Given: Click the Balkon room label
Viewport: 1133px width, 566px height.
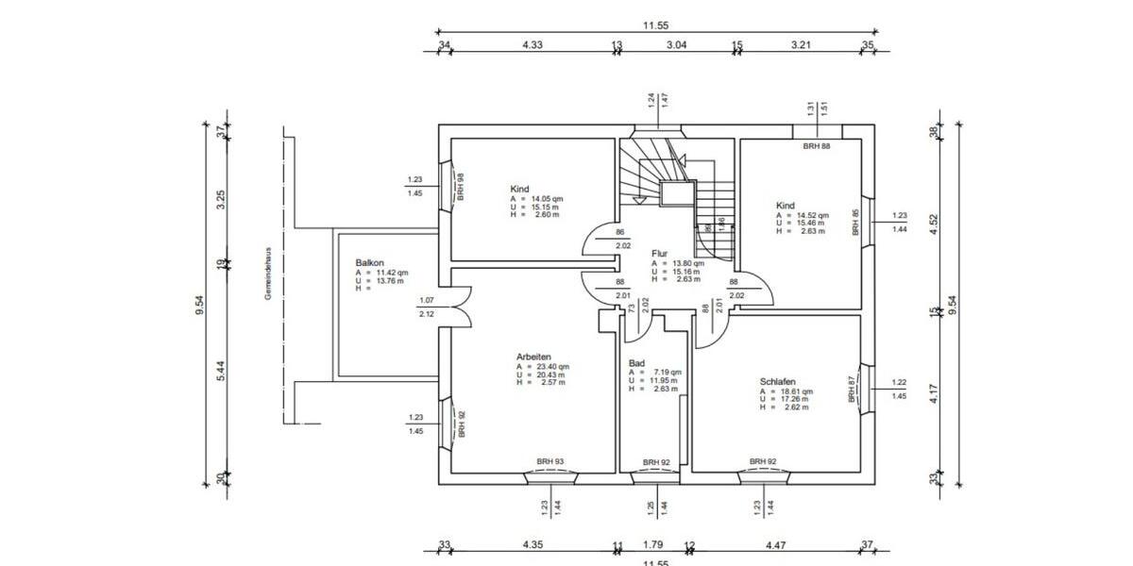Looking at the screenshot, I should point(369,262).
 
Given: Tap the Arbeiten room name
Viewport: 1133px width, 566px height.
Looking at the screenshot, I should point(533,357).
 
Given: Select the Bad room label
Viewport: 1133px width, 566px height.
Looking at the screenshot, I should point(636,362).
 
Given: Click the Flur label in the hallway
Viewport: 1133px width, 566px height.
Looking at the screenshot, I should point(659,254).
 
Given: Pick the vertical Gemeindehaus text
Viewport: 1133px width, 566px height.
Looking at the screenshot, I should point(268,274).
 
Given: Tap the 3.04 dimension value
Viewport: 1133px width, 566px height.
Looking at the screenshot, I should point(677,44).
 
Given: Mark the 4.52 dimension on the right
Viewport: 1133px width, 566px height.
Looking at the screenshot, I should point(934,225).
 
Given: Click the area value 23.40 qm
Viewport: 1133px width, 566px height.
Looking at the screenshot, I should point(552,366).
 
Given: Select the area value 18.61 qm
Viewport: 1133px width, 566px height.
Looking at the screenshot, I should point(798,391).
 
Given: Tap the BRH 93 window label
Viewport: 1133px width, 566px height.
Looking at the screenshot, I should point(550,461).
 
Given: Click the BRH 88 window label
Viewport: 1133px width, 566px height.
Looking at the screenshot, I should point(817,146).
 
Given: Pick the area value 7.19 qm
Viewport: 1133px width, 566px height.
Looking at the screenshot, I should point(661,372).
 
